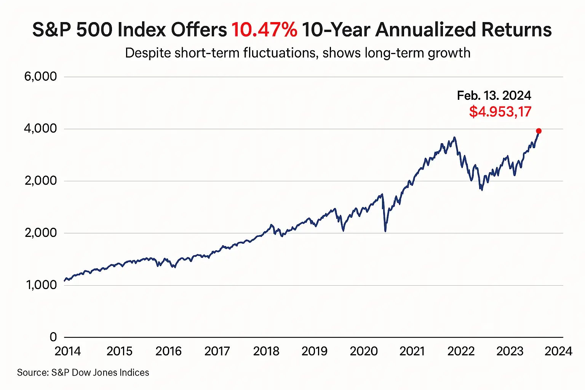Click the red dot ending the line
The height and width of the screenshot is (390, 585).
pos(539,131)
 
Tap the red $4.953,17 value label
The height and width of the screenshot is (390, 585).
pos(500,112)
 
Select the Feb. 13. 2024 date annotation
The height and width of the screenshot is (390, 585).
pos(494,95)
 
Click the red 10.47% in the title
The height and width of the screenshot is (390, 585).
pos(264,30)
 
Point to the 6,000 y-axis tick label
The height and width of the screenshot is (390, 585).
pos(40,77)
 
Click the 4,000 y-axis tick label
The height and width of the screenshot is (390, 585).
pos(40,129)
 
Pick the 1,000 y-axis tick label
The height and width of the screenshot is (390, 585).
pos(41,285)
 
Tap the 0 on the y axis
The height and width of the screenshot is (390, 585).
pos(53,337)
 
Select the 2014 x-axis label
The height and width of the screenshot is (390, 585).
pos(68,351)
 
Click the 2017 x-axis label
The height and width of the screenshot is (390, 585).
pos(217,351)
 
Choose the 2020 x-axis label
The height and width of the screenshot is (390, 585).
pos(364,351)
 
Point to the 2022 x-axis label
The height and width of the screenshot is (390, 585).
pos(461,351)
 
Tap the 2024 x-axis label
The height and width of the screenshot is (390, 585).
pos(558,351)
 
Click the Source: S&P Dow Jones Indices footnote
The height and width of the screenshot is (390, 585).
pos(83,372)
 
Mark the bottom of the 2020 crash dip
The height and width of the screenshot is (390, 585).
pos(385,230)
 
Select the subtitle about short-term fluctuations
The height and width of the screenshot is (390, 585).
pos(297,53)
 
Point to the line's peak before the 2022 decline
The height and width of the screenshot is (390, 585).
pos(454,137)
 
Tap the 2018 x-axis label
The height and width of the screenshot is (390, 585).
pos(266,351)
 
